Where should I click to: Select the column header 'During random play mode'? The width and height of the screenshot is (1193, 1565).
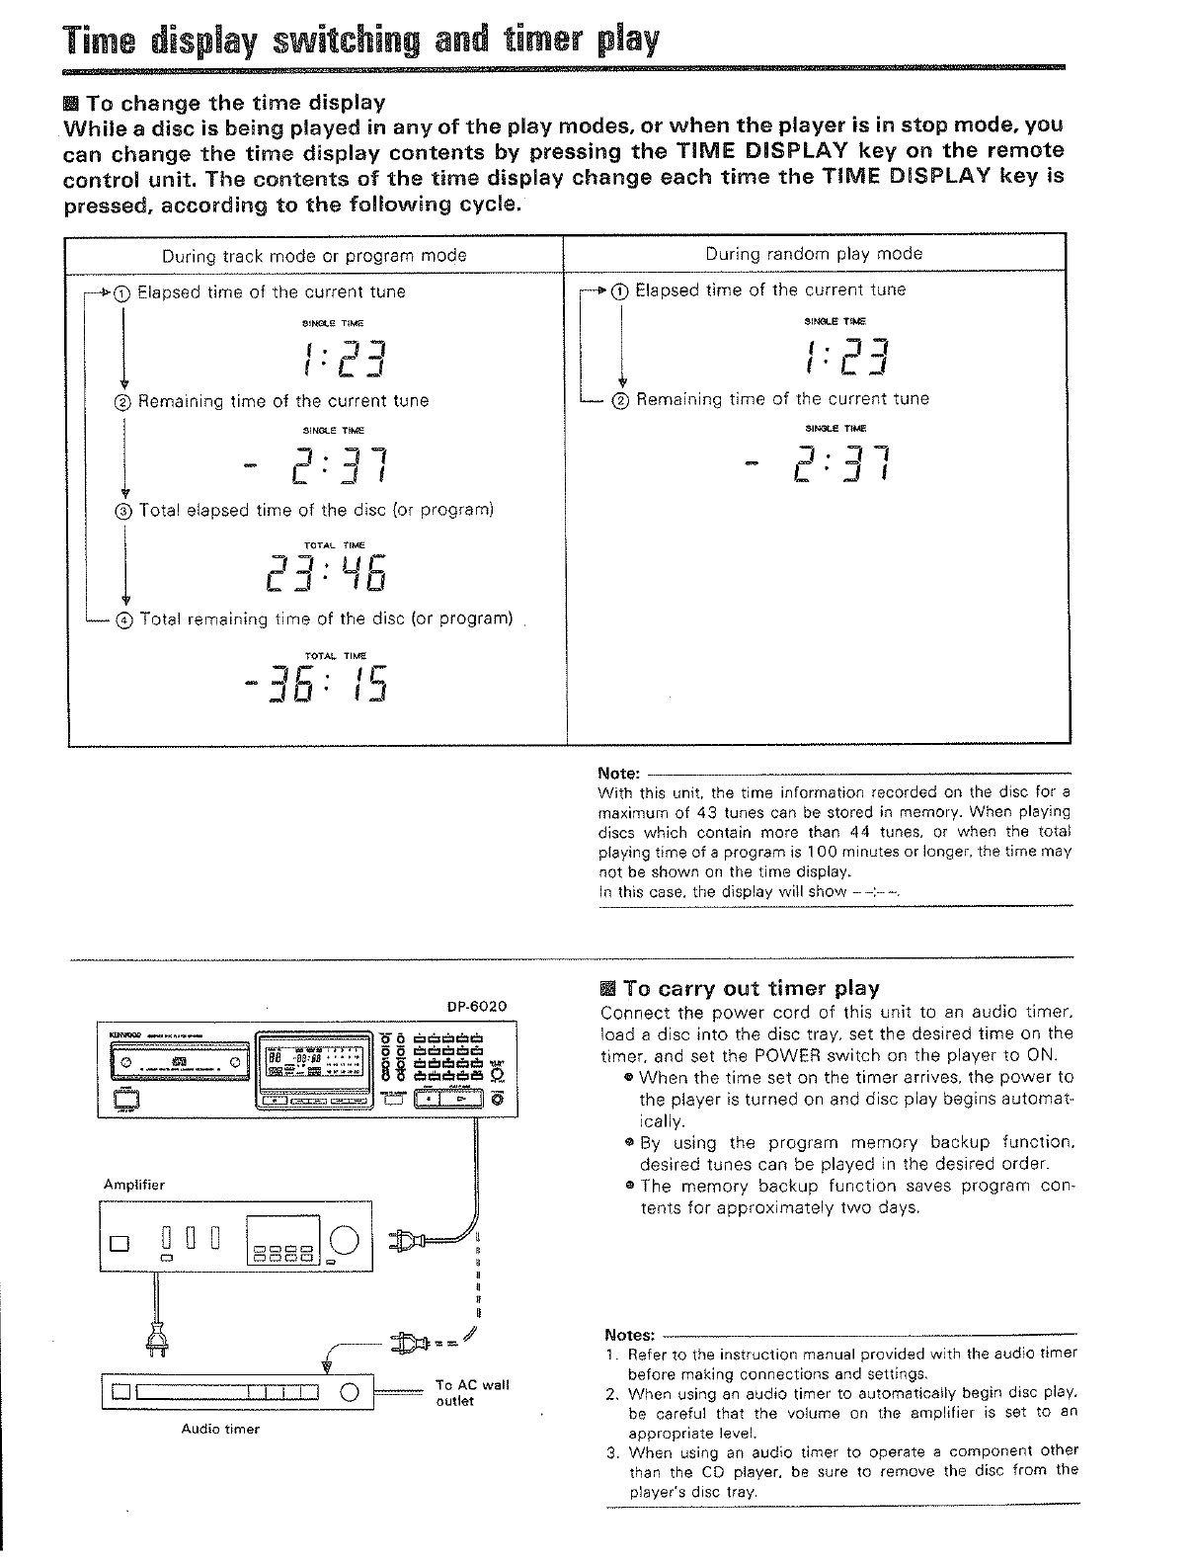(x=814, y=254)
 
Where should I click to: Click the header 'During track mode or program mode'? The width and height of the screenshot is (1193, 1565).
(x=314, y=256)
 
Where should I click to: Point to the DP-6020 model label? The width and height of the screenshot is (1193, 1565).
(x=476, y=1006)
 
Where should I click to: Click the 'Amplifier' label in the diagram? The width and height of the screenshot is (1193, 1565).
(x=134, y=1185)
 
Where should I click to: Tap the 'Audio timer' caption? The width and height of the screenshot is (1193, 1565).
(x=220, y=1429)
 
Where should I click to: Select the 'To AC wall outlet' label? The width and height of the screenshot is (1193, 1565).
(x=472, y=1392)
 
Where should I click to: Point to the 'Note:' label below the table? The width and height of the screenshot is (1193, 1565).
(x=619, y=774)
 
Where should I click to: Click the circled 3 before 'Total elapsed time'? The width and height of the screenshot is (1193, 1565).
(x=123, y=511)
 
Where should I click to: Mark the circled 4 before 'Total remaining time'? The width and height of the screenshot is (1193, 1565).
(x=123, y=619)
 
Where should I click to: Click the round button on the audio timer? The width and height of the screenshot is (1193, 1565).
(x=349, y=1394)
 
